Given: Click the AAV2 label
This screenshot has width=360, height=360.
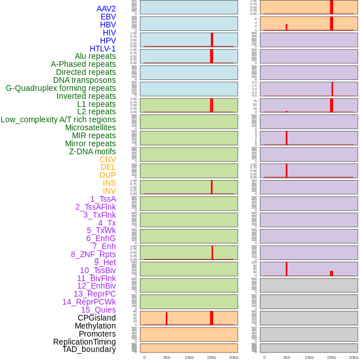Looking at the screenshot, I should click(106, 9).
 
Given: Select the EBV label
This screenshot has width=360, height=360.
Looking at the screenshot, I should click(108, 17).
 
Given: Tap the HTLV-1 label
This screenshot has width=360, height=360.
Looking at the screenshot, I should click(103, 49).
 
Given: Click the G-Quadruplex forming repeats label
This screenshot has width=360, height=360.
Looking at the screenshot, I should click(61, 88).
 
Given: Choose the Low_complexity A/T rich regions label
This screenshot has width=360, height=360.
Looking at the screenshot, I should click(58, 119).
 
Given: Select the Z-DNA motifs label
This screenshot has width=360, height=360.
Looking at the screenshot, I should click(93, 151).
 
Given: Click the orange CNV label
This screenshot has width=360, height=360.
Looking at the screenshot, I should click(107, 159).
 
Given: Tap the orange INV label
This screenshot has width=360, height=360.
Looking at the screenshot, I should click(109, 191).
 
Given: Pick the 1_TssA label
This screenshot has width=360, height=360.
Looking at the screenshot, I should click(103, 199).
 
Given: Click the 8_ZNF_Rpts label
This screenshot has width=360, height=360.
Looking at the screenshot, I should click(93, 254).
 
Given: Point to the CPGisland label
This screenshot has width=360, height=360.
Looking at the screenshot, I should click(97, 318).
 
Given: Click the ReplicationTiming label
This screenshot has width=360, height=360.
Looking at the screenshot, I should click(85, 342).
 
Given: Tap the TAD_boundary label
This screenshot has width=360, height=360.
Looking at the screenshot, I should click(89, 349).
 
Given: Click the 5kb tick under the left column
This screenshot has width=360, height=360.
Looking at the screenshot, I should click(167, 357).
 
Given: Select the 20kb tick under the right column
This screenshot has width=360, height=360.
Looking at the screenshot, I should click(354, 357).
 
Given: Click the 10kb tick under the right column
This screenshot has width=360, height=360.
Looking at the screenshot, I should click(309, 357).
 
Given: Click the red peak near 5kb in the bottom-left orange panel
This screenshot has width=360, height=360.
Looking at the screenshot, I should click(166, 319).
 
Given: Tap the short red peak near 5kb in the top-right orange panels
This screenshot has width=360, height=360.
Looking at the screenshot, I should click(286, 27).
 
